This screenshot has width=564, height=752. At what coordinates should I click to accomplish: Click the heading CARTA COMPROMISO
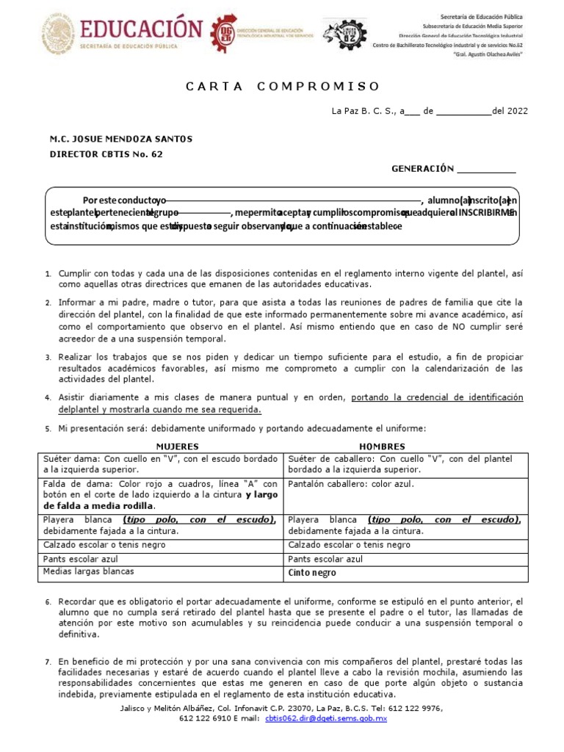283,86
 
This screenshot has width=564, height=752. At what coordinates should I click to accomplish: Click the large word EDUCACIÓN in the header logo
140,30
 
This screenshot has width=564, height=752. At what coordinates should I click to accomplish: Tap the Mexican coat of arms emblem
57,33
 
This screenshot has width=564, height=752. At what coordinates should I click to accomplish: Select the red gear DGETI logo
224,33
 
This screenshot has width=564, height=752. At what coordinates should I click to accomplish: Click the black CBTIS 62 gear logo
344,33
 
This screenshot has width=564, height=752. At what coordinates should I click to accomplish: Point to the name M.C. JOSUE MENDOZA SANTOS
121,140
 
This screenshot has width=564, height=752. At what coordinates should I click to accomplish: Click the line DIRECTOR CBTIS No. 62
106,154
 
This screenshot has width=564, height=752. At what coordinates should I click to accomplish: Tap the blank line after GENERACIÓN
486,170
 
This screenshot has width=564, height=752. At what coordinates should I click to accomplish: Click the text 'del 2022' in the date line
510,112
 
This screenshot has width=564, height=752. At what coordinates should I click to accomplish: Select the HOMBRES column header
382,446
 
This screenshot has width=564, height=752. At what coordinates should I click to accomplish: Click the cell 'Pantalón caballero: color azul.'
351,484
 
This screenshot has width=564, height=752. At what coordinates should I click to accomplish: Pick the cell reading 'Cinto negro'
312,573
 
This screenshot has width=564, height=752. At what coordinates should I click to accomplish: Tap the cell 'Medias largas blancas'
88,571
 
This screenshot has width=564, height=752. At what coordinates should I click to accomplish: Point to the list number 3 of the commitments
48,358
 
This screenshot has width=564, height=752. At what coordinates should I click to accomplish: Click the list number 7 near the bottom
48,662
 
